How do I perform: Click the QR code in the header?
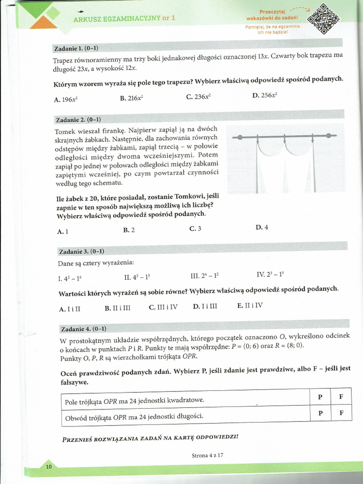323,19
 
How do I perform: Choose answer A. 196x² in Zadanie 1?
66,99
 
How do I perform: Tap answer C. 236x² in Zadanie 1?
198,97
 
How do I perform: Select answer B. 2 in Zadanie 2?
129,230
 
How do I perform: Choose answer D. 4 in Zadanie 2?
262,227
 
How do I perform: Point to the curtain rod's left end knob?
240,137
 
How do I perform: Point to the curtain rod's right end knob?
328,136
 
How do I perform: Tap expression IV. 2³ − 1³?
270,274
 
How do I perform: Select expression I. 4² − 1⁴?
73,278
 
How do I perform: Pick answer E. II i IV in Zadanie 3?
250,306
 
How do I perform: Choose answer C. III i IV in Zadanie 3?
163,307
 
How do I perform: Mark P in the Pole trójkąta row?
320,397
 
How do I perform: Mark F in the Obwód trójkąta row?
341,413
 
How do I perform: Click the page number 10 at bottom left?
49,467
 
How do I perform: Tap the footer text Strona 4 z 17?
207,455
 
